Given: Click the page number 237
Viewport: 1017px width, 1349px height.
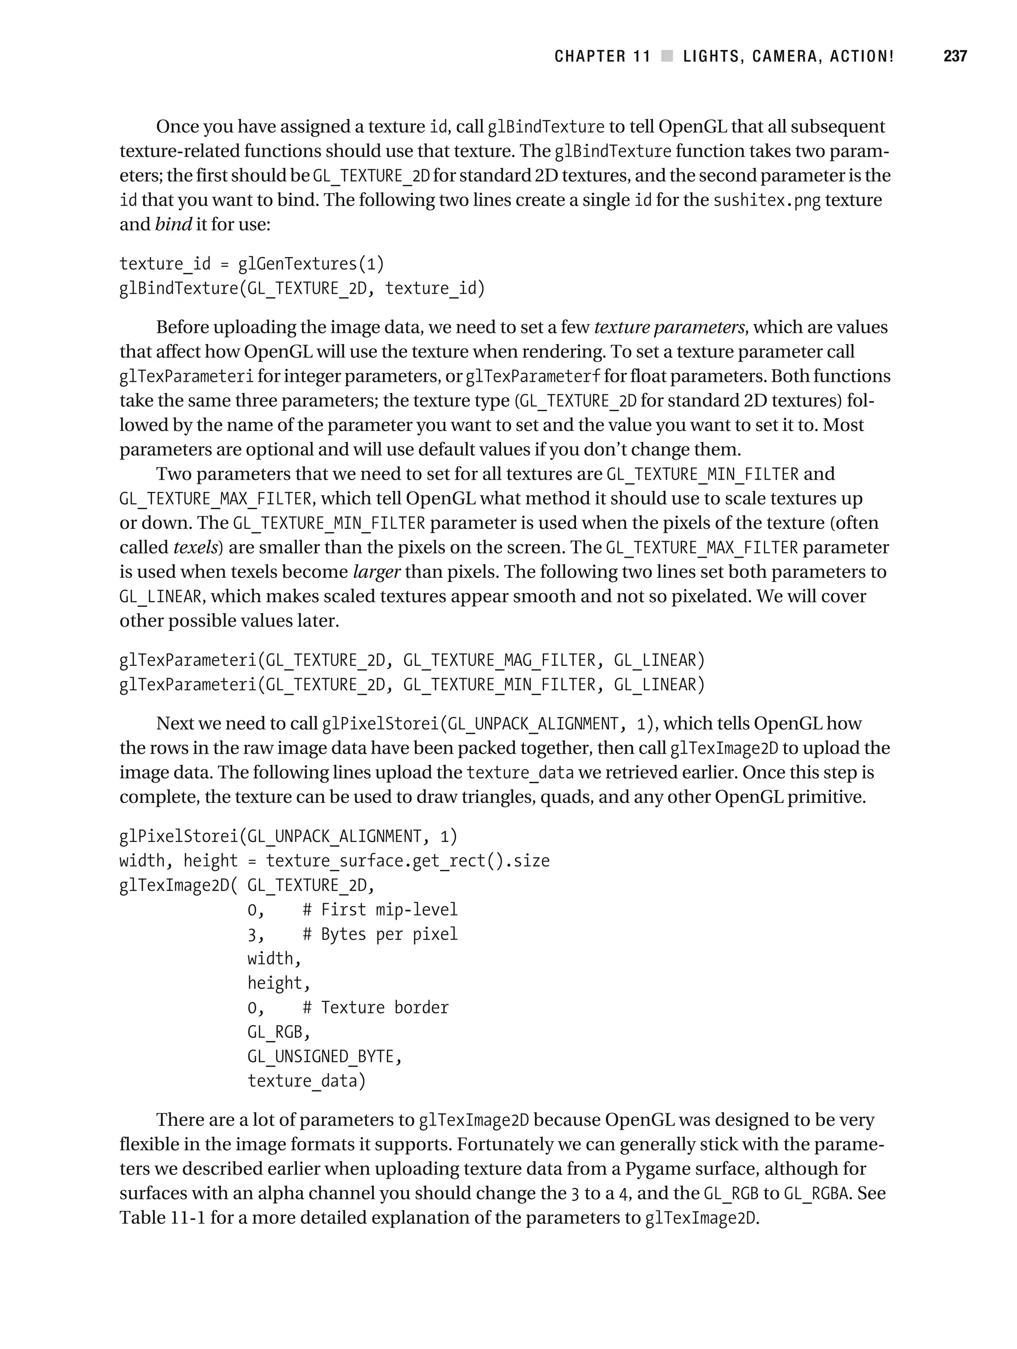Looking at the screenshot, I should (955, 57).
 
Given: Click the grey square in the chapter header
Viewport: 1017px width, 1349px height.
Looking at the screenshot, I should (667, 57).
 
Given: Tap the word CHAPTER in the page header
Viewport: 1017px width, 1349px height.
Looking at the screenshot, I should (590, 57).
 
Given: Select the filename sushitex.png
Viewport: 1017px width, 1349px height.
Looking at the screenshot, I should (767, 201).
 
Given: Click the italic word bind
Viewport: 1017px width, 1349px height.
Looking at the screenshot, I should (173, 224).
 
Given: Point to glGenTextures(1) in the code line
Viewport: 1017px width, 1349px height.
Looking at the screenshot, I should (311, 264).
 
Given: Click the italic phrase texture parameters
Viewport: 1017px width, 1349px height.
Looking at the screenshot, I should (669, 328).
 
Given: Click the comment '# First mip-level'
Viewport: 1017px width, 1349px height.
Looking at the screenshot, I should (379, 910).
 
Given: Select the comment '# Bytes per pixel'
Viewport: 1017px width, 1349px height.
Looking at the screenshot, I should (379, 934).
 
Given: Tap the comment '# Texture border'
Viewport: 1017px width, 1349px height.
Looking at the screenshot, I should (375, 1007).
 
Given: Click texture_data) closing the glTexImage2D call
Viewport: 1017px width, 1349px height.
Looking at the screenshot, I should (306, 1081).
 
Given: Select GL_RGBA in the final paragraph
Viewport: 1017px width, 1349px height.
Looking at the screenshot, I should (816, 1194).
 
